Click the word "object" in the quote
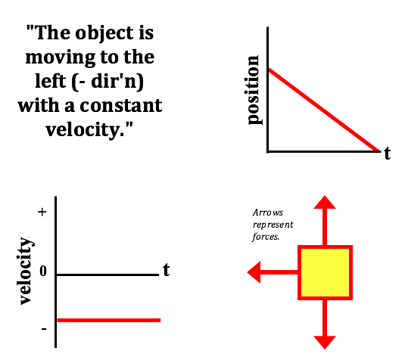click(x=104, y=33)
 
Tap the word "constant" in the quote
click(x=121, y=106)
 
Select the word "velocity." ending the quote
click(x=89, y=130)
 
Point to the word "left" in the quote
click(x=51, y=81)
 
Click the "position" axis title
click(x=253, y=90)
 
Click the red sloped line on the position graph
click(x=325, y=110)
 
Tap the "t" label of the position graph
click(x=387, y=154)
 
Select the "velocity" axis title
click(x=25, y=271)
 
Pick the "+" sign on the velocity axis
click(x=42, y=212)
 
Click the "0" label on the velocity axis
click(x=43, y=271)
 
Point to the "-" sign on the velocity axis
click(x=44, y=329)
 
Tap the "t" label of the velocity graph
click(x=167, y=270)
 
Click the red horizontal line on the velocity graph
click(x=109, y=320)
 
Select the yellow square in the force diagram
click(x=325, y=272)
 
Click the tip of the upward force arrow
click(x=325, y=196)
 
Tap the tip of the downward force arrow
click(x=325, y=349)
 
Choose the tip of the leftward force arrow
click(x=248, y=272)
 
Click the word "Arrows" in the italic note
click(x=268, y=213)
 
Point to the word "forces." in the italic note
click(x=266, y=237)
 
